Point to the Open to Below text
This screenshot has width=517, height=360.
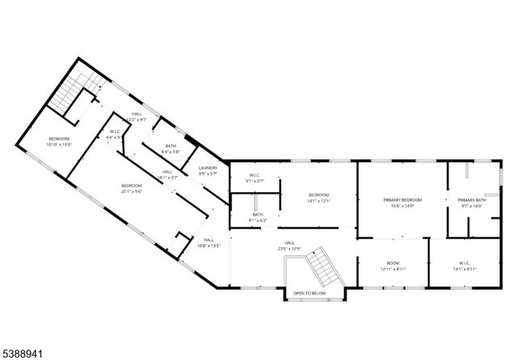point(309,293)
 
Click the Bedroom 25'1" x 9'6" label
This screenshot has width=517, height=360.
point(132,188)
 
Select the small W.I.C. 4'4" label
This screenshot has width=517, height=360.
point(115,134)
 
